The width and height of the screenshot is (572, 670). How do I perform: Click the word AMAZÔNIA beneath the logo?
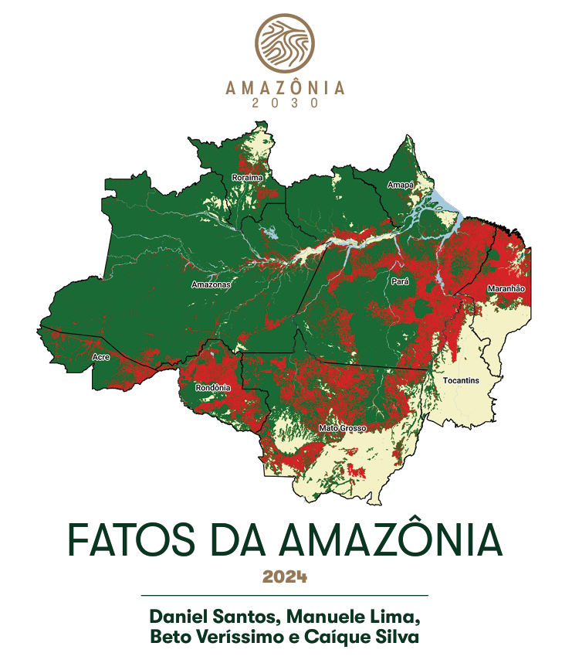(x=286, y=88)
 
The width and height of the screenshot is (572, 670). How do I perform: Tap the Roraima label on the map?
(x=247, y=178)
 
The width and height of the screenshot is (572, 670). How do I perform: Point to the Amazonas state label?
(x=211, y=284)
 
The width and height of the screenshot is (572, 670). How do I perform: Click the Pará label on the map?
(x=400, y=282)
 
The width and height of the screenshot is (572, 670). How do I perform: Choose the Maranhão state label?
(x=506, y=288)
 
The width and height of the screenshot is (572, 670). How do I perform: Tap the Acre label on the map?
(x=100, y=357)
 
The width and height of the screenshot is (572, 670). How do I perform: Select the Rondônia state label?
(x=213, y=387)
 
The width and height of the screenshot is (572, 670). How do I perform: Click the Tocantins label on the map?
(x=461, y=381)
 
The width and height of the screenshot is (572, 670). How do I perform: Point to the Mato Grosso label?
(x=342, y=427)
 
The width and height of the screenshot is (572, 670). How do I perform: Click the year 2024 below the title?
(x=285, y=577)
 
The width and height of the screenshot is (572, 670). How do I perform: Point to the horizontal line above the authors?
(x=285, y=596)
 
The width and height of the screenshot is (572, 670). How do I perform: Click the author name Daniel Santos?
(x=200, y=618)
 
